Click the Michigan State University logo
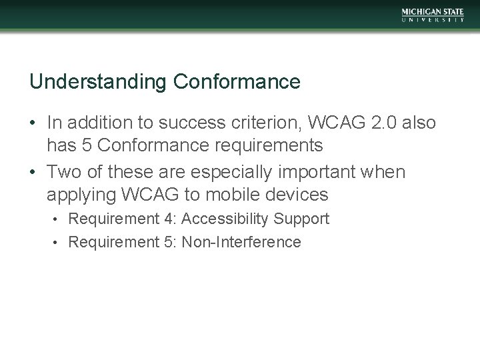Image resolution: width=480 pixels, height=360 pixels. point(433,15)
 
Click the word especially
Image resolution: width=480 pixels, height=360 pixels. point(229,172)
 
